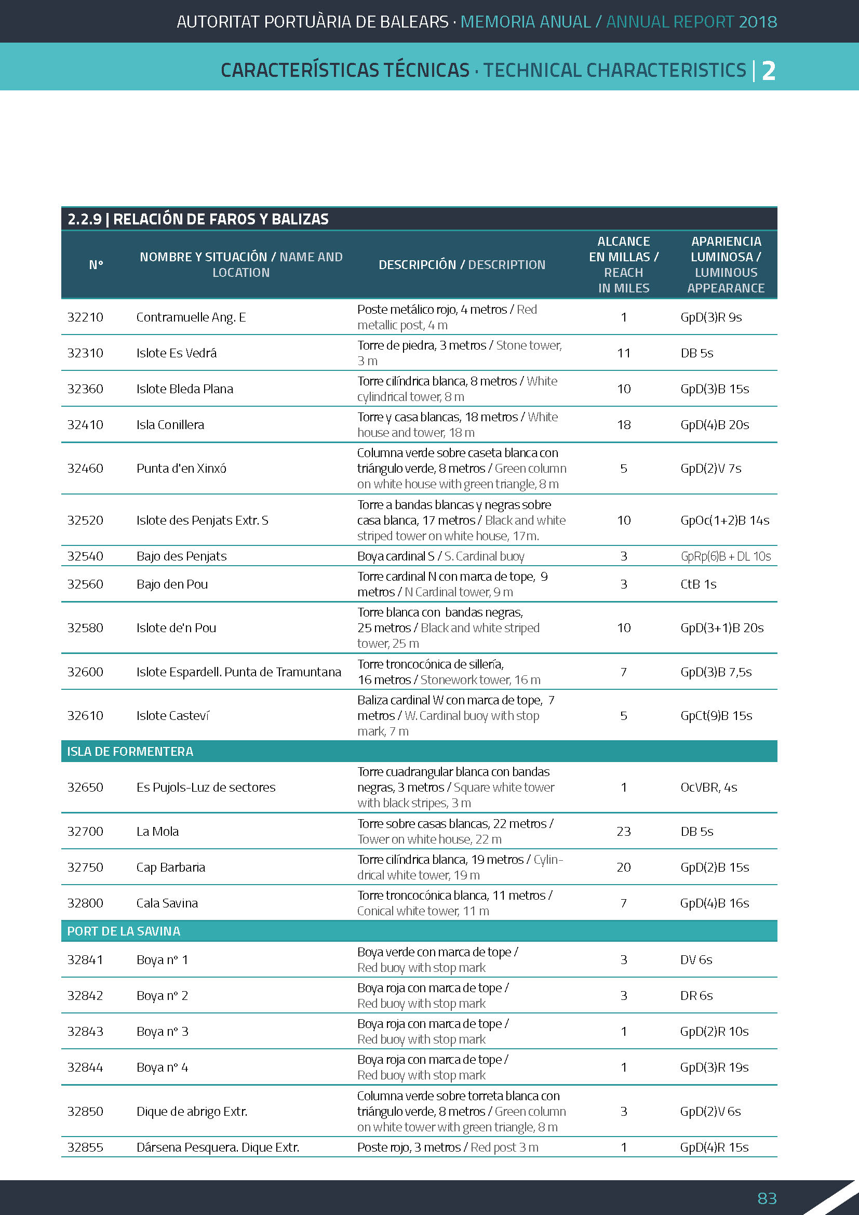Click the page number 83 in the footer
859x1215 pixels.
[x=767, y=1197]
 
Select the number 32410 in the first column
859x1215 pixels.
[x=85, y=424]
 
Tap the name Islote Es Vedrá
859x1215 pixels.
[x=176, y=353]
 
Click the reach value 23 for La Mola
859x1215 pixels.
[x=623, y=831]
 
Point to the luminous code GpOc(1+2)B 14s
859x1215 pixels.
[x=724, y=520]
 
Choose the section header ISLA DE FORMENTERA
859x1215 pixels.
[x=130, y=752]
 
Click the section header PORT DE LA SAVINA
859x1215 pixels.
[x=124, y=931]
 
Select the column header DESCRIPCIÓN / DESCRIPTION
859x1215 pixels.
[x=461, y=264]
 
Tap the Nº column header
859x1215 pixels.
[x=96, y=264]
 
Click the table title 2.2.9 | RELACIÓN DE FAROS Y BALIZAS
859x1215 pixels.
[x=198, y=219]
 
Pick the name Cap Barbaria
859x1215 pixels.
[x=170, y=867]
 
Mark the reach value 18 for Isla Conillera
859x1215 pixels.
[x=624, y=424]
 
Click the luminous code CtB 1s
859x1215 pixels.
[x=698, y=584]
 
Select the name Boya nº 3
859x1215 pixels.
[x=162, y=1032]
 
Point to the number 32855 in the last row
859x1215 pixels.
[x=85, y=1147]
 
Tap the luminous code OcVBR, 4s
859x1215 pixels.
[x=708, y=787]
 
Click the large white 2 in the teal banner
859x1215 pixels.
[x=768, y=70]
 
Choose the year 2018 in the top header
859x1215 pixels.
[x=757, y=22]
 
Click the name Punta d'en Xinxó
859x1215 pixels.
[x=181, y=469]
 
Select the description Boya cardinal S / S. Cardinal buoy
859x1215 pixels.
[x=440, y=556]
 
